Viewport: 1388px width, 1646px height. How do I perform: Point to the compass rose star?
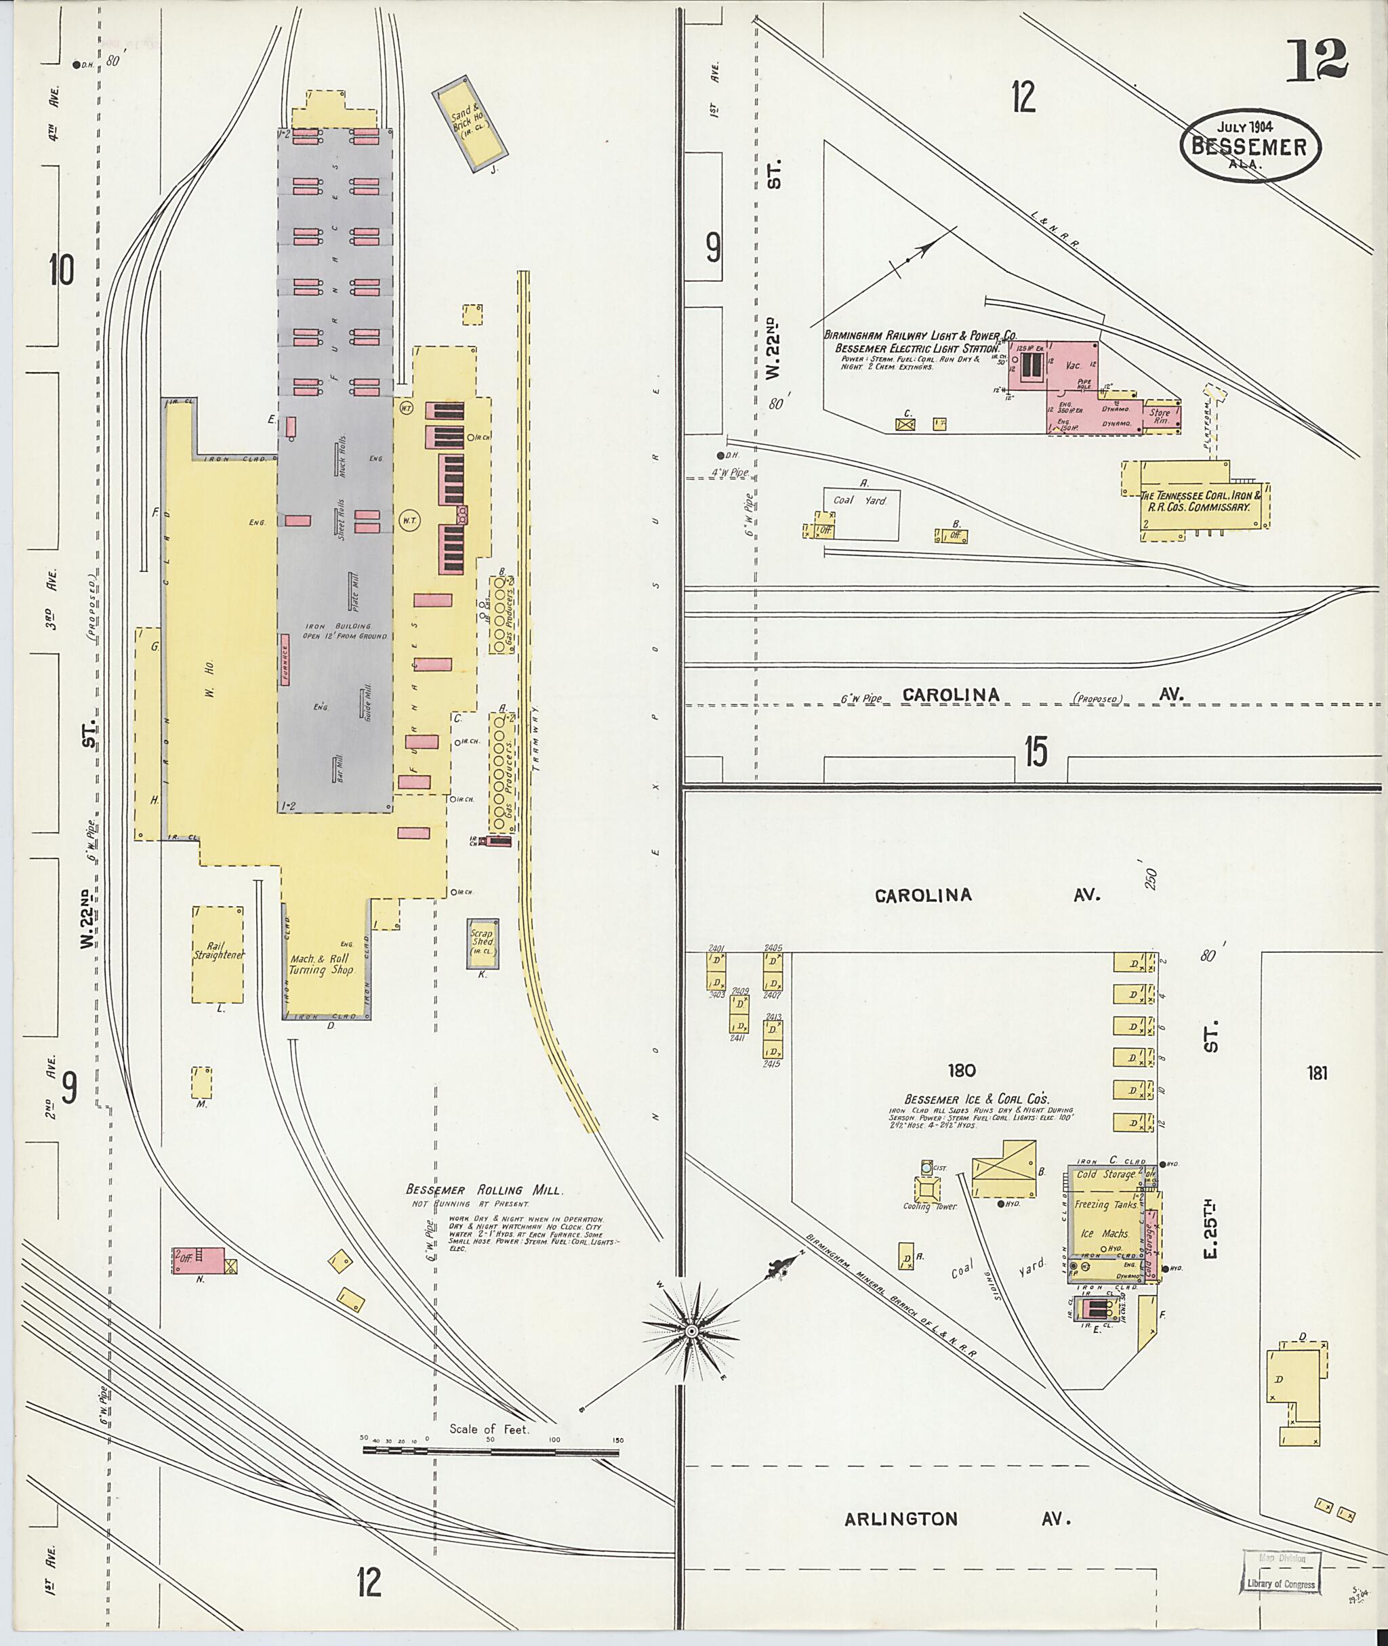click(x=691, y=1330)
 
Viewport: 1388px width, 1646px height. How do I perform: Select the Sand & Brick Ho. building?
click(x=470, y=123)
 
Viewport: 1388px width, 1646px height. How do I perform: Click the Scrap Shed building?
click(x=482, y=943)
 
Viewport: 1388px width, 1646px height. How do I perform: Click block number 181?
click(x=1318, y=1073)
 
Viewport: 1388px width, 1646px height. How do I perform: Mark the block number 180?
click(x=962, y=1070)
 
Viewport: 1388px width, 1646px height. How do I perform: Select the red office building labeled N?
click(x=199, y=1260)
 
